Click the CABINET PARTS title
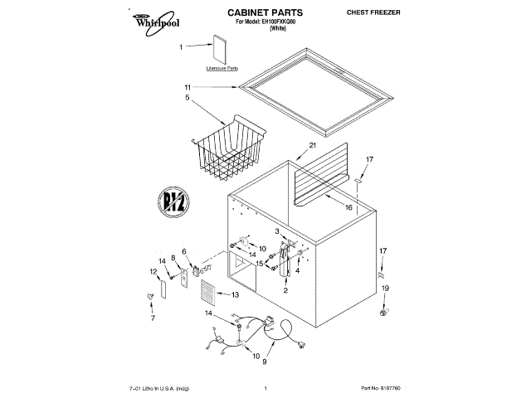tap(265, 13)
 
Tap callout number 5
tap(188, 97)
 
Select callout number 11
tap(188, 86)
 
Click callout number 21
tap(313, 146)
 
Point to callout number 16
tap(348, 207)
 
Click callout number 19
tap(384, 288)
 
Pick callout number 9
tap(265, 362)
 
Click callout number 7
tap(153, 316)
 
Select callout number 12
tap(153, 270)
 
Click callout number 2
tap(285, 290)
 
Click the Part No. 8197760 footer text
tap(380, 387)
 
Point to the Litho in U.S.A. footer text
tap(159, 387)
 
